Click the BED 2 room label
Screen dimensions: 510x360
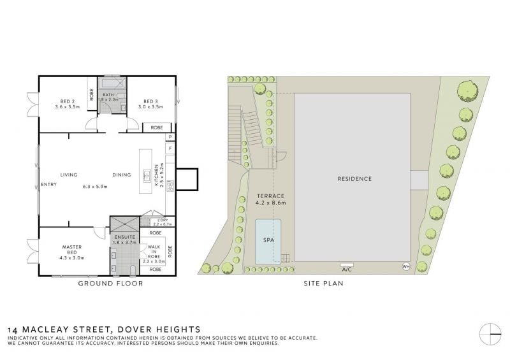(68, 101)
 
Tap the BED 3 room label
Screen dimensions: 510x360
(150, 101)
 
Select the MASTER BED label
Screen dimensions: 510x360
(72, 250)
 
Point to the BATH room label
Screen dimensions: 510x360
(108, 95)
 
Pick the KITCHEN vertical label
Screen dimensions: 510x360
(156, 175)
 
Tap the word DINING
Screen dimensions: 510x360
(122, 175)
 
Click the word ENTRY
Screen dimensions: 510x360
(49, 184)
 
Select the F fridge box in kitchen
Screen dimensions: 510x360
(170, 148)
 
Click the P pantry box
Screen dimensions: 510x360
(170, 137)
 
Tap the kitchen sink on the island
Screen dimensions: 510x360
(147, 176)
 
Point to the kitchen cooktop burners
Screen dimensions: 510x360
(170, 185)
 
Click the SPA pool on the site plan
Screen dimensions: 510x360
(268, 241)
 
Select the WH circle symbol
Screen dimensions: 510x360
(406, 267)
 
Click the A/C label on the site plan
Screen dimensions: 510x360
(347, 270)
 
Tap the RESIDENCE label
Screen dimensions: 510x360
(354, 179)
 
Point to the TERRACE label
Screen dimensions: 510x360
(270, 196)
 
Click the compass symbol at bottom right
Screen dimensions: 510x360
(490, 335)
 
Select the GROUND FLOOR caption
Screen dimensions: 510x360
(110, 284)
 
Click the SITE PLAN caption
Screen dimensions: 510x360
(324, 284)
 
